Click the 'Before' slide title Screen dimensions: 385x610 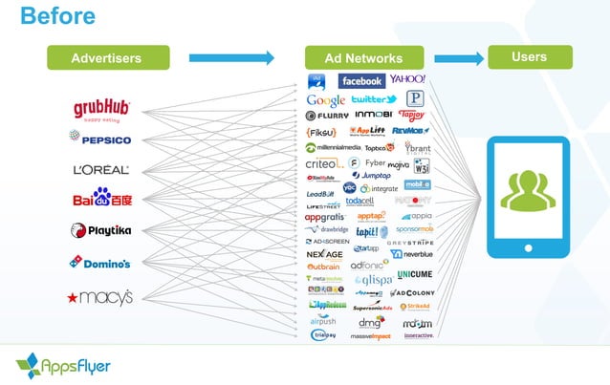[57, 16]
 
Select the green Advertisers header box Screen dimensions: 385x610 [108, 58]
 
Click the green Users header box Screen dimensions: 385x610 [529, 57]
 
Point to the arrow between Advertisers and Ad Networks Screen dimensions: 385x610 [231, 58]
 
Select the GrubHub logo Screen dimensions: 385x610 [102, 108]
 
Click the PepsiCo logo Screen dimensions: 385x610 [100, 139]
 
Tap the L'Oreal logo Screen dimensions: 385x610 [101, 170]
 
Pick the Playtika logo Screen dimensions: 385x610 [101, 230]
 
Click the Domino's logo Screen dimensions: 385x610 [100, 262]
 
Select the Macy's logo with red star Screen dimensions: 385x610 [100, 296]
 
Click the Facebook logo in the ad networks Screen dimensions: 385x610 [361, 81]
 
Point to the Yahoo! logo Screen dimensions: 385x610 [407, 79]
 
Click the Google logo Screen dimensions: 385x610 [326, 100]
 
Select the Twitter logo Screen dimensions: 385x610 [373, 99]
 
